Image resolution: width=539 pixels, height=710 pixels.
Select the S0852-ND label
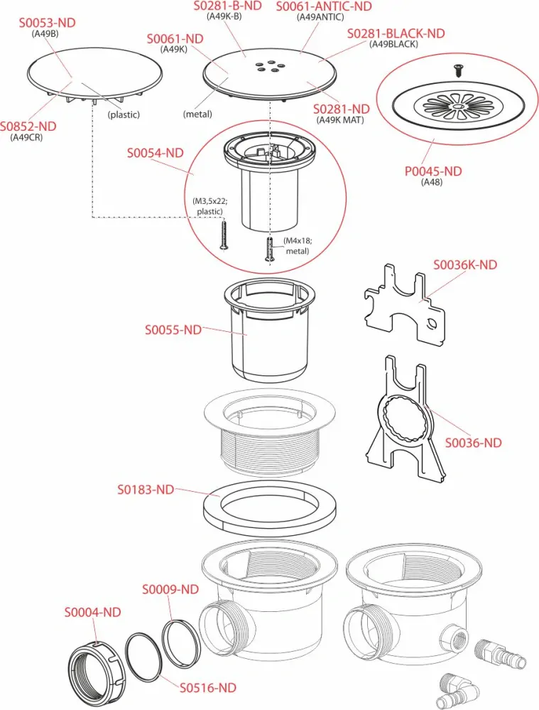tap(28, 127)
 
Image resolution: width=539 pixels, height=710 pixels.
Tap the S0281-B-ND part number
tap(227, 6)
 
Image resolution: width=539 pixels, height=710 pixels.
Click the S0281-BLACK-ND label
tap(396, 33)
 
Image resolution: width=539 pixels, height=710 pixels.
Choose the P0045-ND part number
tap(432, 171)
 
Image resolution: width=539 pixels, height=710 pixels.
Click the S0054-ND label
tap(155, 153)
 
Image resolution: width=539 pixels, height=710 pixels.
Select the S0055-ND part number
tap(173, 330)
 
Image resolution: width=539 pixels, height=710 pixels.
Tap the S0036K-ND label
tap(465, 265)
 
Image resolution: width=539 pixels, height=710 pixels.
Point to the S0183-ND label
tap(146, 490)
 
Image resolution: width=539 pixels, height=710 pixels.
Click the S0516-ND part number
tap(207, 687)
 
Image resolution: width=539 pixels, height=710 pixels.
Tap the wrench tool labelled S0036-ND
tap(403, 419)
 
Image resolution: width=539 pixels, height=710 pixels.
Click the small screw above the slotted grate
tap(456, 70)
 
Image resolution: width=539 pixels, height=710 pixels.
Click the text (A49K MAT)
tap(342, 119)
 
